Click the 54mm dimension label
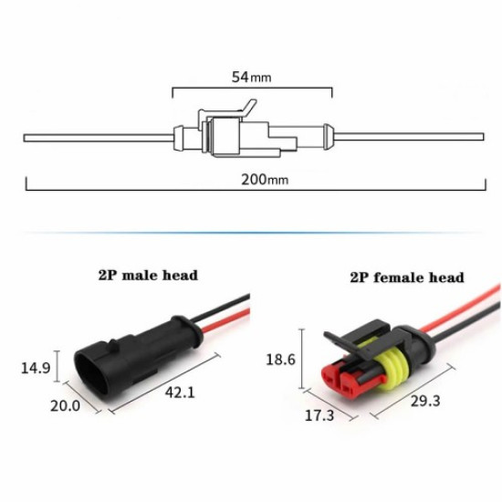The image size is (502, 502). click(x=252, y=78)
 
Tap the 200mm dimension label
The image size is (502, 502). click(x=264, y=179)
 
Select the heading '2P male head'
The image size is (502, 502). click(x=148, y=274)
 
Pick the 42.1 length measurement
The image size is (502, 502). click(x=180, y=392)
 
